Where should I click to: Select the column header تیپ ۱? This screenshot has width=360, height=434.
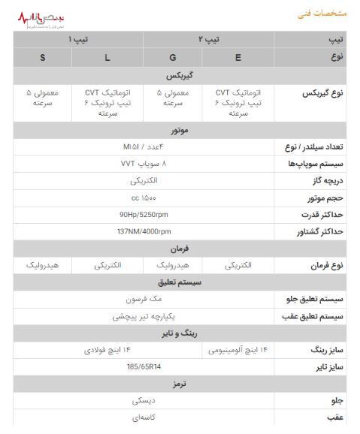(78, 38)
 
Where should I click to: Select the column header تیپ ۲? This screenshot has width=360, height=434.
(208, 38)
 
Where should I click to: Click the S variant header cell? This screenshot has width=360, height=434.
(43, 57)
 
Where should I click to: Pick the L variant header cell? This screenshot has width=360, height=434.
(107, 57)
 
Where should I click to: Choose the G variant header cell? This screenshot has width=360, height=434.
(173, 57)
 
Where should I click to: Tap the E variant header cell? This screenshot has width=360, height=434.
(238, 57)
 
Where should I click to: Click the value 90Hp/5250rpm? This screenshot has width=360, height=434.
(144, 215)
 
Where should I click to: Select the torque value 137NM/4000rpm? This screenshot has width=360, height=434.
(144, 231)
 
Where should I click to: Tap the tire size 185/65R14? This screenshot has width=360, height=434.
(144, 367)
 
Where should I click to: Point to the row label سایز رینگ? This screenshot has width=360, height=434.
(326, 350)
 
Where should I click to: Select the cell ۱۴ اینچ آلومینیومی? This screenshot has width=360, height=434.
(238, 350)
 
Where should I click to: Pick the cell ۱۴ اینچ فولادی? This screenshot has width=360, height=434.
(107, 350)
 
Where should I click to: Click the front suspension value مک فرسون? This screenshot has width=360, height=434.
(144, 299)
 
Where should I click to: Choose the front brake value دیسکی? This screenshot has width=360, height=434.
(144, 401)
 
